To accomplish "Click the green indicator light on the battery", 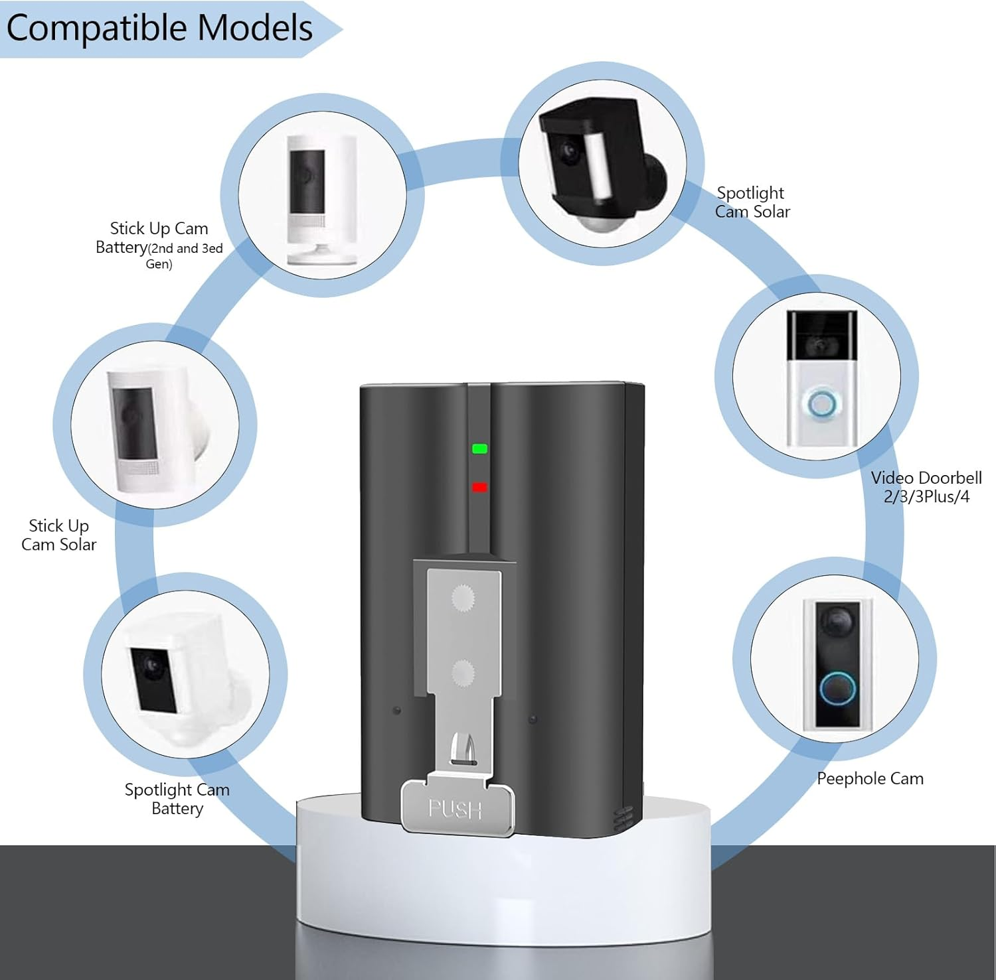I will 479,449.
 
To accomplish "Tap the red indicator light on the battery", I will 479,488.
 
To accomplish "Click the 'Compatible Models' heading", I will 159,29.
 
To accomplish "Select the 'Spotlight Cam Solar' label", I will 752,202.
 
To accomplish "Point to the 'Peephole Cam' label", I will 870,779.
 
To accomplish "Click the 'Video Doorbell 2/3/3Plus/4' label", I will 926,487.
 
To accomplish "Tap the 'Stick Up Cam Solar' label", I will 59,535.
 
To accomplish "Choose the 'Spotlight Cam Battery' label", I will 177,799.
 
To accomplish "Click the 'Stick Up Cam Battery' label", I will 159,245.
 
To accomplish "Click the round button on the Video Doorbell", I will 821,405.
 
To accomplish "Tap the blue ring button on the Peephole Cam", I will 836,689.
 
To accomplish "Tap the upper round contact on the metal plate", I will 463,598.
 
